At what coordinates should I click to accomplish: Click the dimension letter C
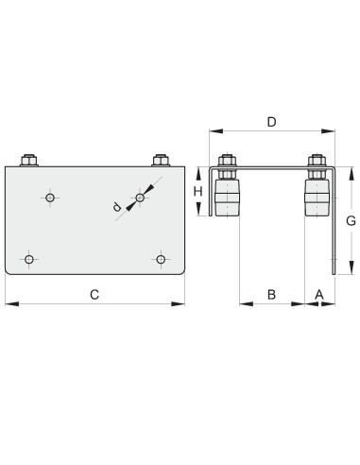click(94, 295)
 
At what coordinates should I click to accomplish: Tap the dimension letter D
click(271, 122)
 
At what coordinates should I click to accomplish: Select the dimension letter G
click(351, 221)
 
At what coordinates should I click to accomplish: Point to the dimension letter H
click(197, 191)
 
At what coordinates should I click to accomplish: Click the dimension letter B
click(271, 295)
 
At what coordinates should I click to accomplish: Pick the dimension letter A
click(319, 295)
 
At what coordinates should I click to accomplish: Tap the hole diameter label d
click(117, 207)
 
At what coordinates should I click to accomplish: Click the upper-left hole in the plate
click(50, 198)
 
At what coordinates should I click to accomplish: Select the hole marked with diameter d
click(140, 198)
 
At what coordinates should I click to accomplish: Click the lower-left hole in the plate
click(29, 260)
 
